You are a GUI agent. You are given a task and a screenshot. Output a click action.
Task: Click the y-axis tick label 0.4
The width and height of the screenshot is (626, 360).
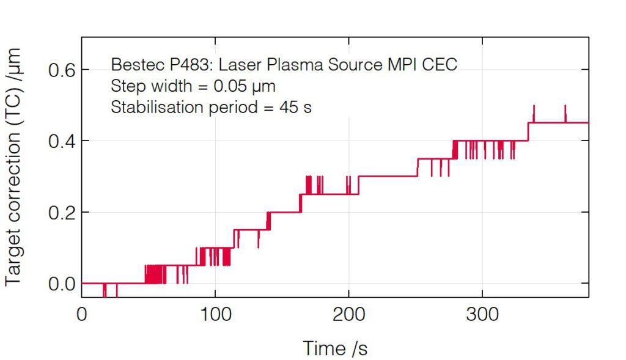pyautogui.click(x=61, y=141)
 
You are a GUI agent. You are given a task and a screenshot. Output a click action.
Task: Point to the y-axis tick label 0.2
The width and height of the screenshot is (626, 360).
pyautogui.click(x=61, y=213)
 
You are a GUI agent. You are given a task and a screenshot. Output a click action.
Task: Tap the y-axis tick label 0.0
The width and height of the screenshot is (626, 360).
pyautogui.click(x=61, y=284)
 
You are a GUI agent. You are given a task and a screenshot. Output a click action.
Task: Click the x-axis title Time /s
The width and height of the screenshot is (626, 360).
pyautogui.click(x=335, y=348)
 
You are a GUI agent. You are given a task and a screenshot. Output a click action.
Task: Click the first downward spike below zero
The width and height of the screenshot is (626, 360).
pyautogui.click(x=104, y=292)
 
